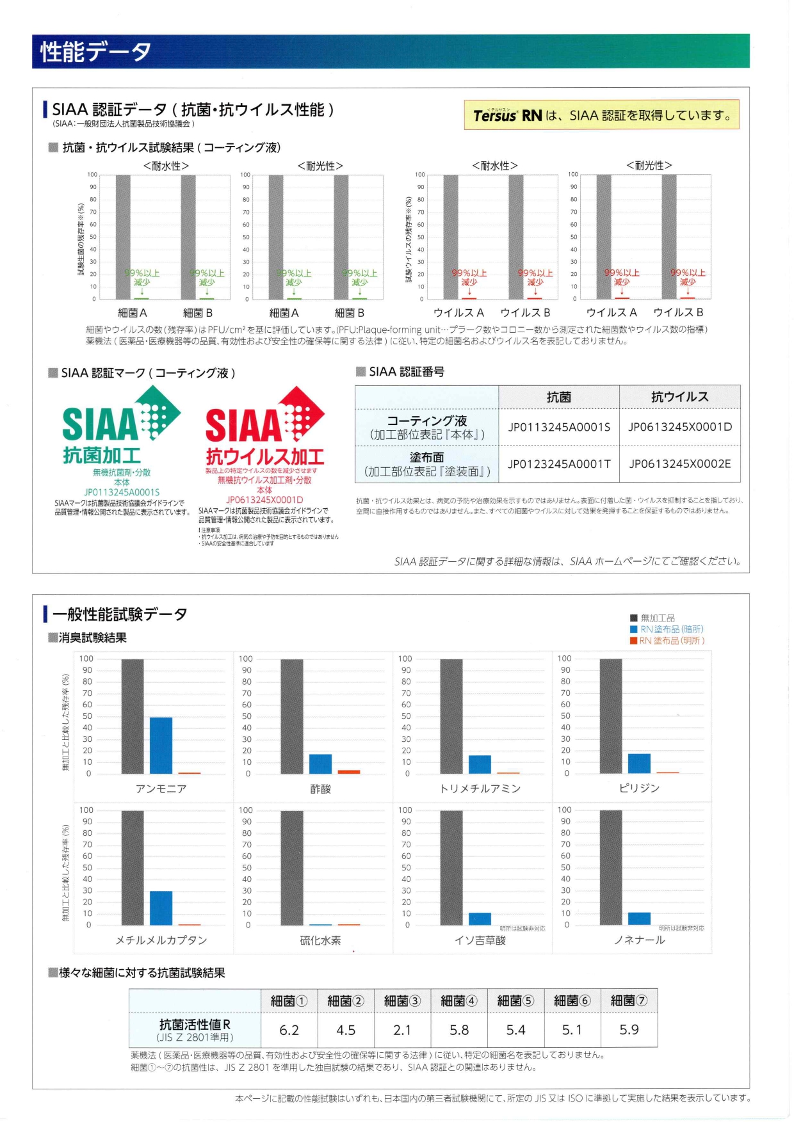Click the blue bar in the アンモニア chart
161,745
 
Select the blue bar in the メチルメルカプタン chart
161,908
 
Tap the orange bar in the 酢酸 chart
348,771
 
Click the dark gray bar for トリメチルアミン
451,716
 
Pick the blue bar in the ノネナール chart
639,918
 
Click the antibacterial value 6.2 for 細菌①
289,1030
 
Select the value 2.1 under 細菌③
402,1030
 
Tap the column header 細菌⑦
629,1000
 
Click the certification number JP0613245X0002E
679,463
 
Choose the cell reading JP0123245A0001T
559,463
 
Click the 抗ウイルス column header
679,397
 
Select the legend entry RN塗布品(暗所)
671,629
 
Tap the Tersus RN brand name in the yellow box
507,115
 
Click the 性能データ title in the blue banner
96,52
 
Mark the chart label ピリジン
639,788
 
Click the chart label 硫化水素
320,940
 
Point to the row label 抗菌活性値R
195,1024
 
